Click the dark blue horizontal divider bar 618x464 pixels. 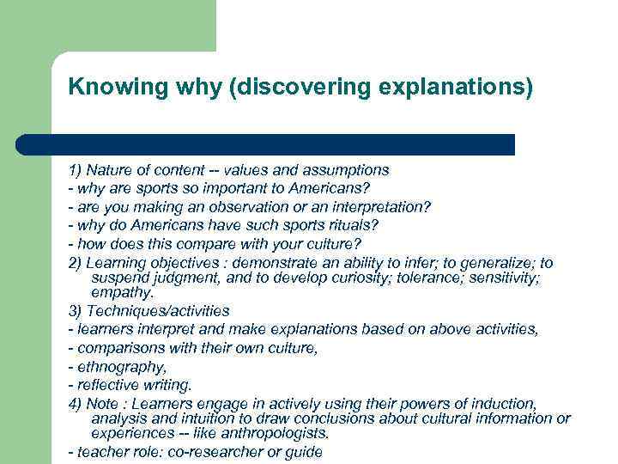[x=265, y=144]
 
